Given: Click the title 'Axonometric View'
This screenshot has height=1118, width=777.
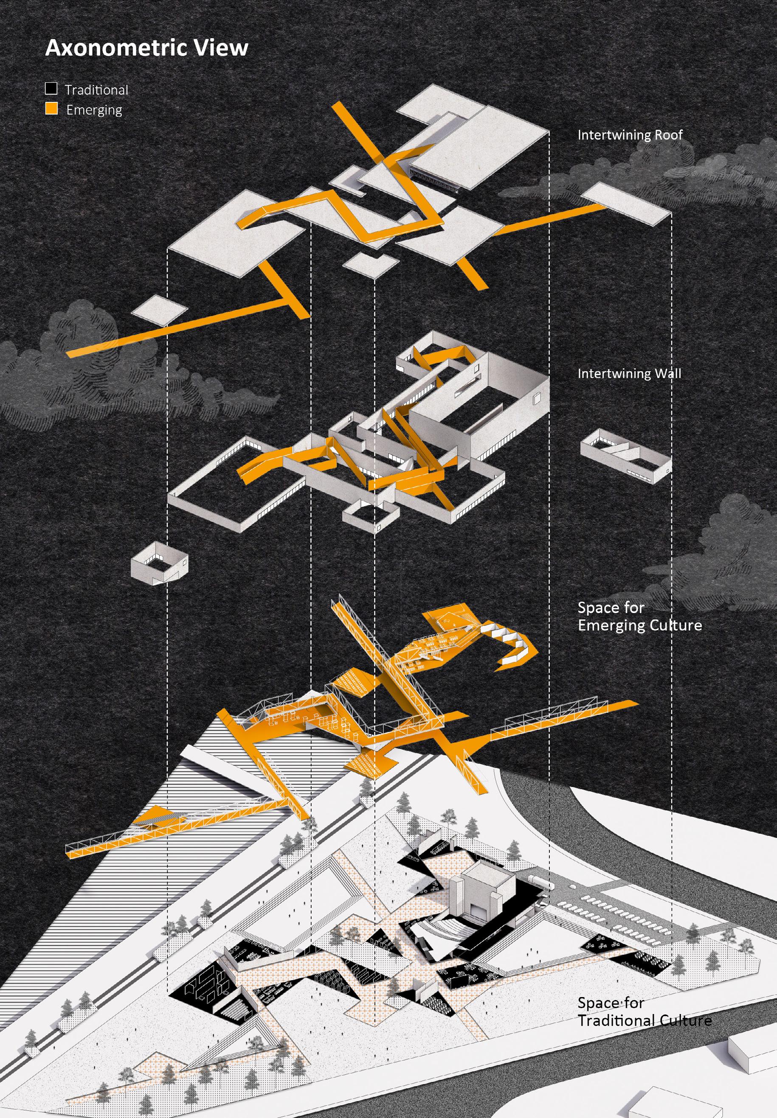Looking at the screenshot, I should [x=146, y=48].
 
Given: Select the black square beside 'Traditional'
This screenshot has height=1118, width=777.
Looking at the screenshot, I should [x=51, y=89].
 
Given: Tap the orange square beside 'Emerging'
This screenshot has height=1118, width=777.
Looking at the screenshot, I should [x=51, y=109].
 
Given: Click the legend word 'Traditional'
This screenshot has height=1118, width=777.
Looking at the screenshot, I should [x=96, y=90].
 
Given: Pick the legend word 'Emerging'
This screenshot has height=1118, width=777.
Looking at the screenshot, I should [x=94, y=110].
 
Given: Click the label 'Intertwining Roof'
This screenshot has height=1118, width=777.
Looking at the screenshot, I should [x=630, y=135].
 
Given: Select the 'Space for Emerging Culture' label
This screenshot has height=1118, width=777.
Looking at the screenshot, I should [x=639, y=616].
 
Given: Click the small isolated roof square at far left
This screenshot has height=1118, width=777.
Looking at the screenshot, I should [x=160, y=309].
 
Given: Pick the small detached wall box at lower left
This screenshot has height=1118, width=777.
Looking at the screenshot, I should [x=159, y=563].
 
